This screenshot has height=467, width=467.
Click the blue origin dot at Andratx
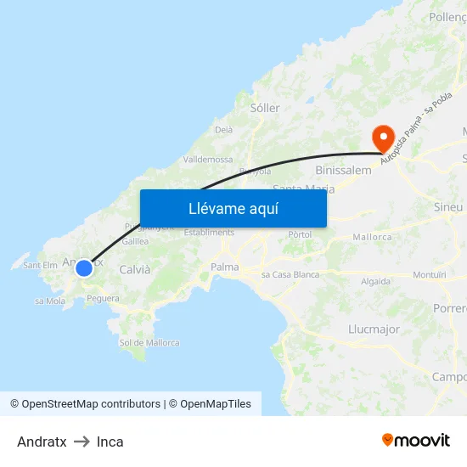[x=84, y=268]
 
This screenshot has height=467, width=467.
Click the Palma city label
[x=225, y=267]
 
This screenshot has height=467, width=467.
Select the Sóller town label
[x=265, y=108]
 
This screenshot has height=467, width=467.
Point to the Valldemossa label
[x=208, y=159]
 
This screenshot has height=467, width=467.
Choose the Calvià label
[x=135, y=269]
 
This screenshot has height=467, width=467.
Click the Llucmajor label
[x=374, y=329]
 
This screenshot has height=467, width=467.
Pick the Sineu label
[x=448, y=207]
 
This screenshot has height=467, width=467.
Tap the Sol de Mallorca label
[x=149, y=343]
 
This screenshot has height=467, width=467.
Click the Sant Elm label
[x=40, y=265]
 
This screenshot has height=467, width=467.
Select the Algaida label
[x=375, y=281]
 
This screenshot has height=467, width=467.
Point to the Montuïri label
[x=429, y=275]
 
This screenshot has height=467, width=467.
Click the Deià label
[x=224, y=130]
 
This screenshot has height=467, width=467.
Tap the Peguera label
[x=103, y=298]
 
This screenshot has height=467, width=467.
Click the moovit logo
[x=416, y=440]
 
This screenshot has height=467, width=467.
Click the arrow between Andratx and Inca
[x=82, y=442]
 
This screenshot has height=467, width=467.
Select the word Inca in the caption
[x=110, y=442]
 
